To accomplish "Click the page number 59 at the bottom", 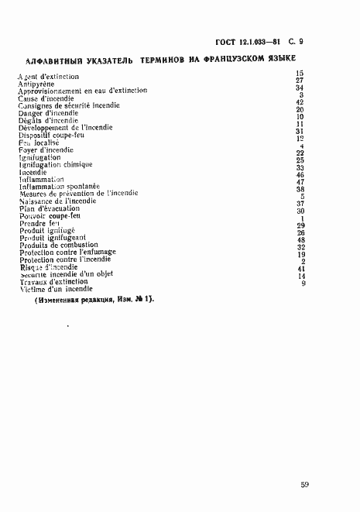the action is tap(305, 485).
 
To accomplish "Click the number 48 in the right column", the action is tap(301, 240).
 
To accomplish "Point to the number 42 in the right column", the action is tap(300, 102).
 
